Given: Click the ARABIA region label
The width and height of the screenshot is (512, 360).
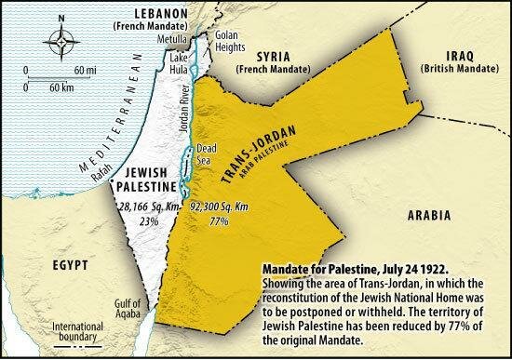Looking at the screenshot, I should click(x=431, y=214).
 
